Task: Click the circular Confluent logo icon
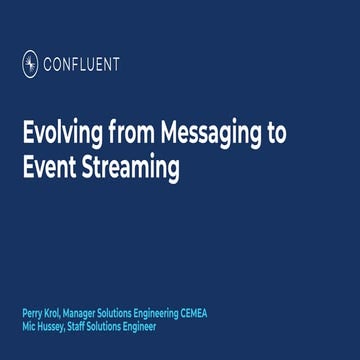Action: click(x=30, y=65)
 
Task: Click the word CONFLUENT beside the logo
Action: click(x=80, y=65)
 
